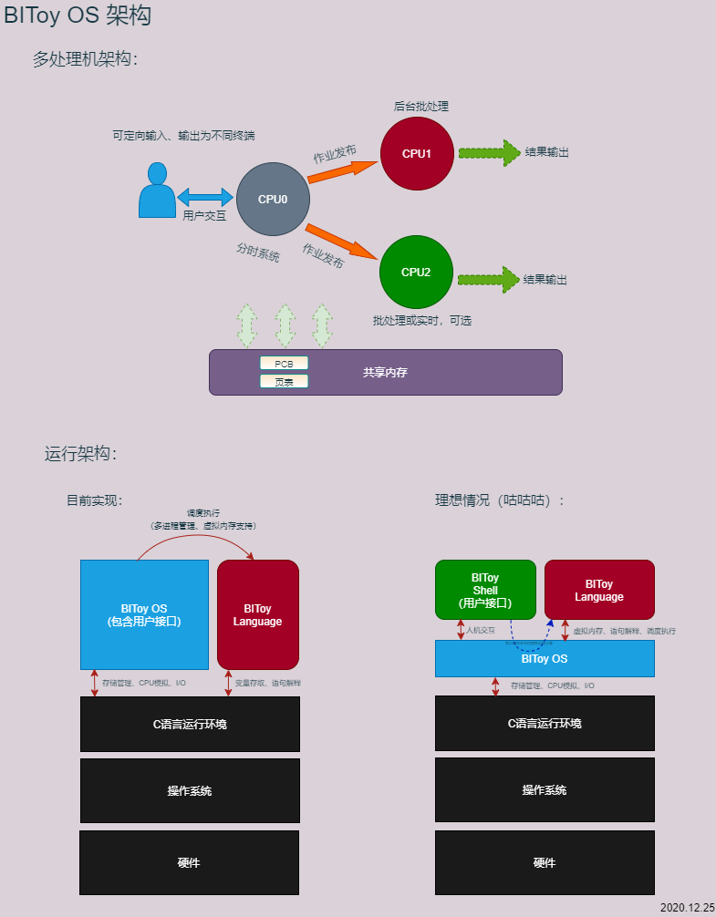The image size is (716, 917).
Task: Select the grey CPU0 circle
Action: click(272, 200)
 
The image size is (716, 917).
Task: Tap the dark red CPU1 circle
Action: click(416, 153)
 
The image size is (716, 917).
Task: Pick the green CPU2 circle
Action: click(416, 272)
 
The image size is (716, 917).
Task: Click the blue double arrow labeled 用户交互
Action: click(206, 197)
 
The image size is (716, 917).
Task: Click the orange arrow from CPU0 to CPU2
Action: click(342, 242)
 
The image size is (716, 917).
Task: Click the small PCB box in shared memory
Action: click(284, 363)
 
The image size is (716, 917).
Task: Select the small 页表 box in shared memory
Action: click(284, 382)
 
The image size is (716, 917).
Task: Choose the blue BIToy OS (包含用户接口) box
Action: click(144, 614)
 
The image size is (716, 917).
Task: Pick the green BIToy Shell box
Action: click(485, 590)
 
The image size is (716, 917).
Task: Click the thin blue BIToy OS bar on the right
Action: click(545, 658)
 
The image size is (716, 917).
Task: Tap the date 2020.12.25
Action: click(687, 908)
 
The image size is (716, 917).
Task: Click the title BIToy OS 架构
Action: click(78, 15)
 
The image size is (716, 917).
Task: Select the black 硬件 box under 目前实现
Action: click(189, 862)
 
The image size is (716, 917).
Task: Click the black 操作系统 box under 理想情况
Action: click(545, 790)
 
